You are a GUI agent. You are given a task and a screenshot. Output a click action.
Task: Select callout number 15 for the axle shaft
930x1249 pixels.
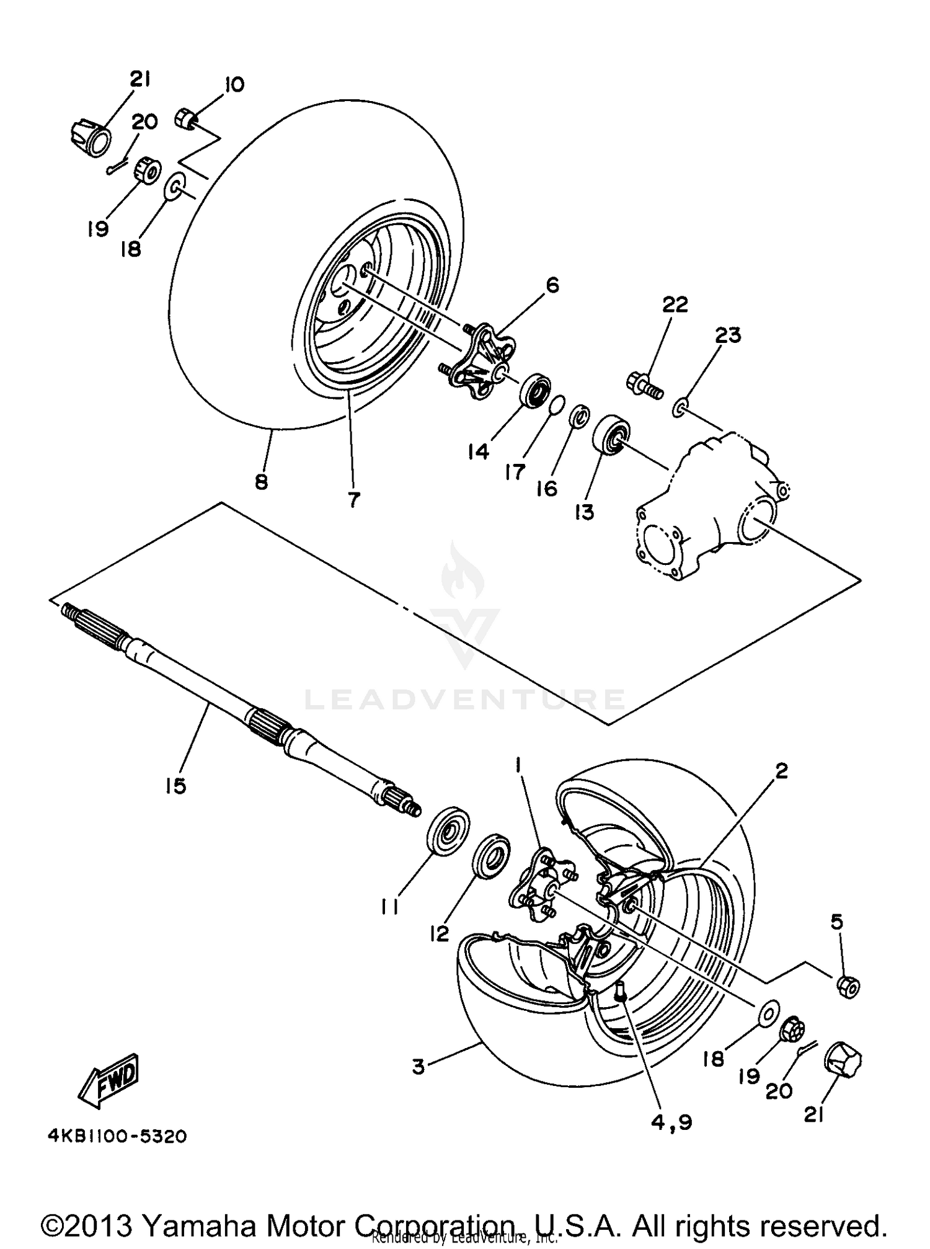pyautogui.click(x=175, y=786)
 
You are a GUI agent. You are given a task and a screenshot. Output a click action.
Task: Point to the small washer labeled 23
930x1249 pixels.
pyautogui.click(x=680, y=407)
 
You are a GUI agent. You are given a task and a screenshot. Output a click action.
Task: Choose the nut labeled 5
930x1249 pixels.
pyautogui.click(x=848, y=985)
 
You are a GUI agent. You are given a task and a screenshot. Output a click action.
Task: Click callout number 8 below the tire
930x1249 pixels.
pyautogui.click(x=261, y=482)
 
